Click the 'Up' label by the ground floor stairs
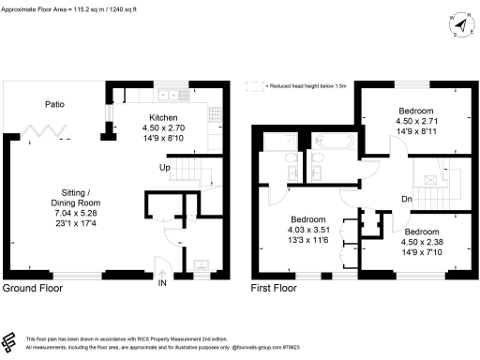pyautogui.click(x=164, y=167)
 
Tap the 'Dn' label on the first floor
pyautogui.click(x=408, y=199)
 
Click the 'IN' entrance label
pyautogui.click(x=163, y=281)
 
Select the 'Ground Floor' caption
pyautogui.click(x=33, y=289)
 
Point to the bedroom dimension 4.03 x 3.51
pyautogui.click(x=310, y=228)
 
